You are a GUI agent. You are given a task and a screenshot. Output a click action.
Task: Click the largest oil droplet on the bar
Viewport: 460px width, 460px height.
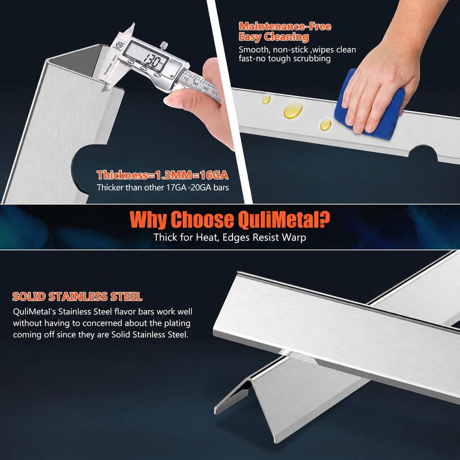293,110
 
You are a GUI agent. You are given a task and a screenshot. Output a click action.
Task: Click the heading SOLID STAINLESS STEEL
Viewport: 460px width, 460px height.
77,296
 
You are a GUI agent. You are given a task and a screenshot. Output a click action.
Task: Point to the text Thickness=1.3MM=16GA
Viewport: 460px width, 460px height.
163,175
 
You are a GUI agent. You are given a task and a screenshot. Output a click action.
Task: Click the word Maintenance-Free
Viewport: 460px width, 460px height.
285,26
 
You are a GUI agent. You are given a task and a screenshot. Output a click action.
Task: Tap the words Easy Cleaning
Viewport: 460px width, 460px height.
274,37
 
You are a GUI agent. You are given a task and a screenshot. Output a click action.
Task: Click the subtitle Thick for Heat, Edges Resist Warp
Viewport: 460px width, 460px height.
230,237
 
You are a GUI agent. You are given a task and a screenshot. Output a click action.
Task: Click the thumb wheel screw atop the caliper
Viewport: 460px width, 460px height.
163,45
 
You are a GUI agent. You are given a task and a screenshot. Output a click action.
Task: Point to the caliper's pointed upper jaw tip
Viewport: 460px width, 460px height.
134,23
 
